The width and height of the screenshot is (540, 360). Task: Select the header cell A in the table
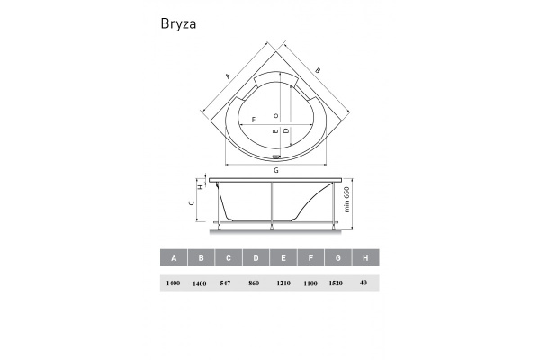(x=173, y=258)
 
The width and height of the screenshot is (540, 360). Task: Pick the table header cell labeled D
(x=256, y=258)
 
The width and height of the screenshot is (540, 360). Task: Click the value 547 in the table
(x=228, y=283)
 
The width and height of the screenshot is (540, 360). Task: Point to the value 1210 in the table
(x=284, y=283)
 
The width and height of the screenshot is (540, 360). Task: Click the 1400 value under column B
(x=201, y=283)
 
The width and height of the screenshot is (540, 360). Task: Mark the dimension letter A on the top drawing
(x=229, y=75)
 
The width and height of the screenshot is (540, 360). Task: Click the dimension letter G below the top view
(x=276, y=170)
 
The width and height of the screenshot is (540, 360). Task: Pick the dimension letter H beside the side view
(x=200, y=187)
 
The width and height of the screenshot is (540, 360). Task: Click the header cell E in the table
(x=283, y=258)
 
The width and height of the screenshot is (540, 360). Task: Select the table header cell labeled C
(x=228, y=258)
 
